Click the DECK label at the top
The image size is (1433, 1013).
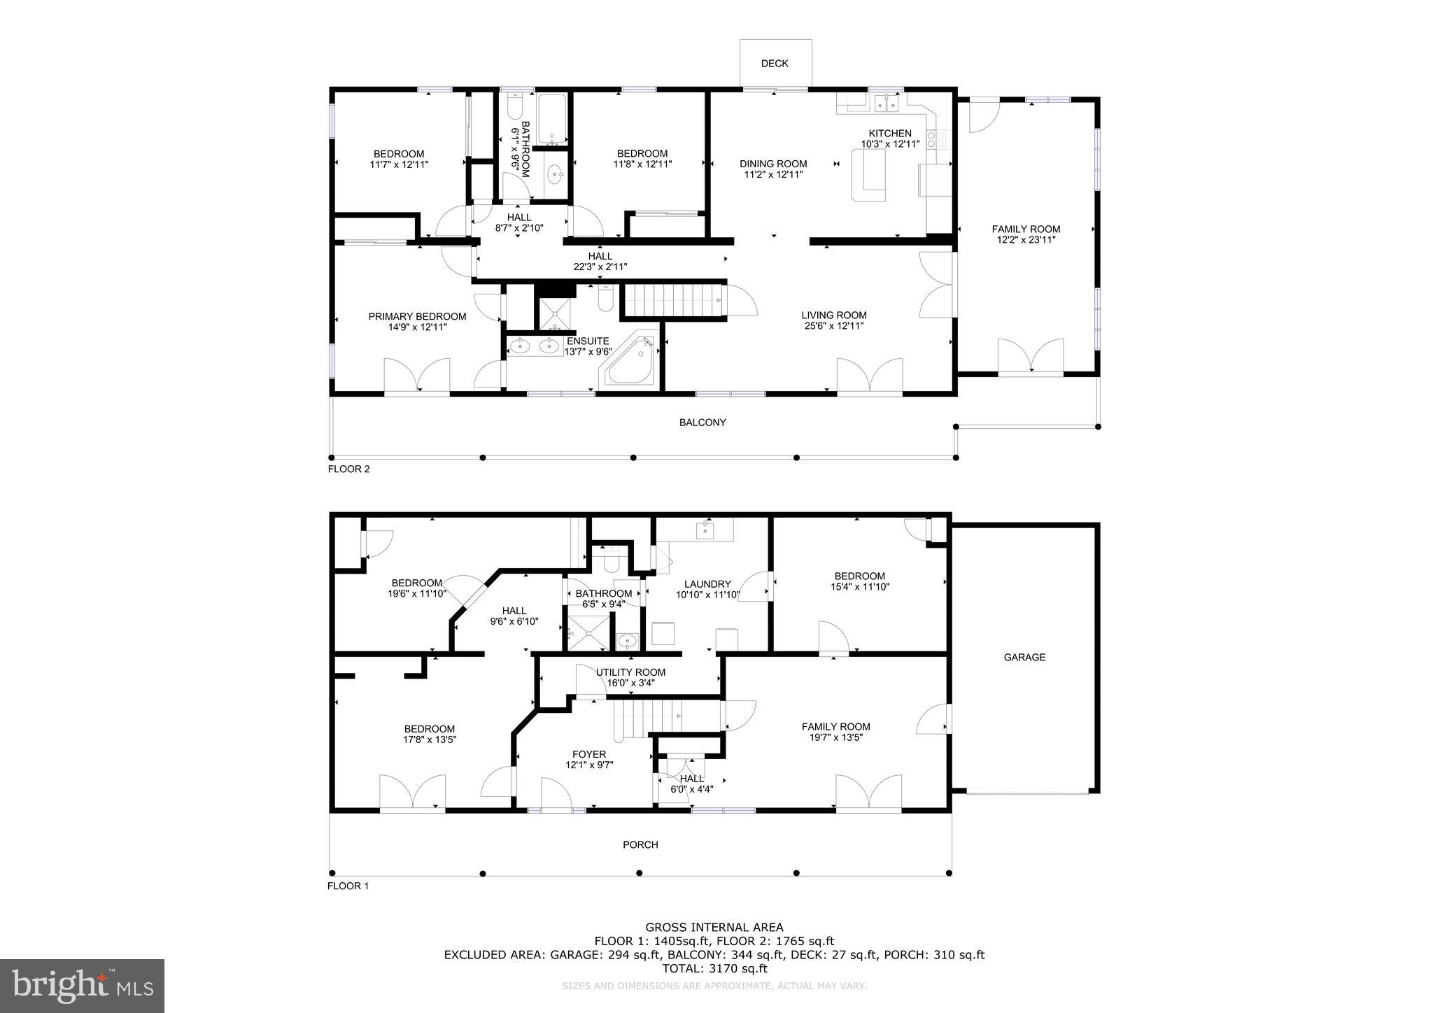click(775, 64)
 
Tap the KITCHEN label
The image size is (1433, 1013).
click(890, 134)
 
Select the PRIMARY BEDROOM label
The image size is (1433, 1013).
click(417, 317)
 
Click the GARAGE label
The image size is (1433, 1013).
click(1024, 658)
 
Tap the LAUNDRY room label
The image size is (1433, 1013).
click(707, 584)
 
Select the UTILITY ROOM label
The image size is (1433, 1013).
click(630, 672)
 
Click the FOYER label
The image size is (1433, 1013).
click(589, 754)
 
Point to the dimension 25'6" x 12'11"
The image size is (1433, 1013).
click(834, 326)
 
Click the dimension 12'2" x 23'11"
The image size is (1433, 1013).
click(1026, 240)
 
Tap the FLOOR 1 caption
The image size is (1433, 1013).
click(348, 886)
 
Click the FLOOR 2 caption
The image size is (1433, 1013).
click(348, 469)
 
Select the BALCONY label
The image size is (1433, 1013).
click(703, 423)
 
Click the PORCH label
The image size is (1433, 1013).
click(640, 845)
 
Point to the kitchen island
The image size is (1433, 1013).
click(868, 177)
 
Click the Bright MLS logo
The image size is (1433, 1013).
click(82, 986)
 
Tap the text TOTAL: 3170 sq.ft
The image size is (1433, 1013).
click(714, 969)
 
